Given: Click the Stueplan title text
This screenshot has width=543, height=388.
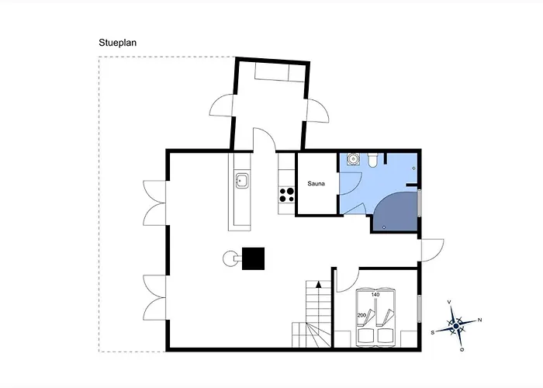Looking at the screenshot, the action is click(x=117, y=43).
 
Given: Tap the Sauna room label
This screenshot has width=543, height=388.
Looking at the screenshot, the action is click(x=316, y=184).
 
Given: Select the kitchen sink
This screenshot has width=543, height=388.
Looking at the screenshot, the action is click(x=242, y=181).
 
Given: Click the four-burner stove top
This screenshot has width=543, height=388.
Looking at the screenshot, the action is click(x=287, y=195).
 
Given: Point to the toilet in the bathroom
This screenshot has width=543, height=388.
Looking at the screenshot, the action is click(x=372, y=160).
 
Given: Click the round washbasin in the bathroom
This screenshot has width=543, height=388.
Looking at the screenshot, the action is click(x=353, y=158).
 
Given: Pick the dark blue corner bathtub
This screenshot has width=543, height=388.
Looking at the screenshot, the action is click(x=396, y=212).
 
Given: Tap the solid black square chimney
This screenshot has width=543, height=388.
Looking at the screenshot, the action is click(x=253, y=258).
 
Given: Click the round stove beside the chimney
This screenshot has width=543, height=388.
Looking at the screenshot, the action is click(x=230, y=258).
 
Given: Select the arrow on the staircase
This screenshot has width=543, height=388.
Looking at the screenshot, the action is click(x=319, y=285).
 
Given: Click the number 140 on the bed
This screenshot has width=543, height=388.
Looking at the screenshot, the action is click(x=375, y=294).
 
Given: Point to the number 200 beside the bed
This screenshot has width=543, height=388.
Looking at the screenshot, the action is click(x=361, y=315).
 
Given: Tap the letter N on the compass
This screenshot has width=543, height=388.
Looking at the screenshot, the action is click(x=479, y=320).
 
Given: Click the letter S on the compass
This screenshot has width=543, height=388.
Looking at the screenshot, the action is click(x=433, y=333).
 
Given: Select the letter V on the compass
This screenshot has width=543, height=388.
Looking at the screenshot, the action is click(x=449, y=302).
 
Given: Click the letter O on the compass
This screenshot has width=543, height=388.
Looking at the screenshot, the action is click(x=462, y=349).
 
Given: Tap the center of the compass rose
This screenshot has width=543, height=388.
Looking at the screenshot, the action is click(x=456, y=326).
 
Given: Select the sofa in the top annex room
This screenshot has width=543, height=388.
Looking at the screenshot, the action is click(x=280, y=72).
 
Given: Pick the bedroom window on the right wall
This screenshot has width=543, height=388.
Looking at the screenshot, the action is click(x=420, y=309).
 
